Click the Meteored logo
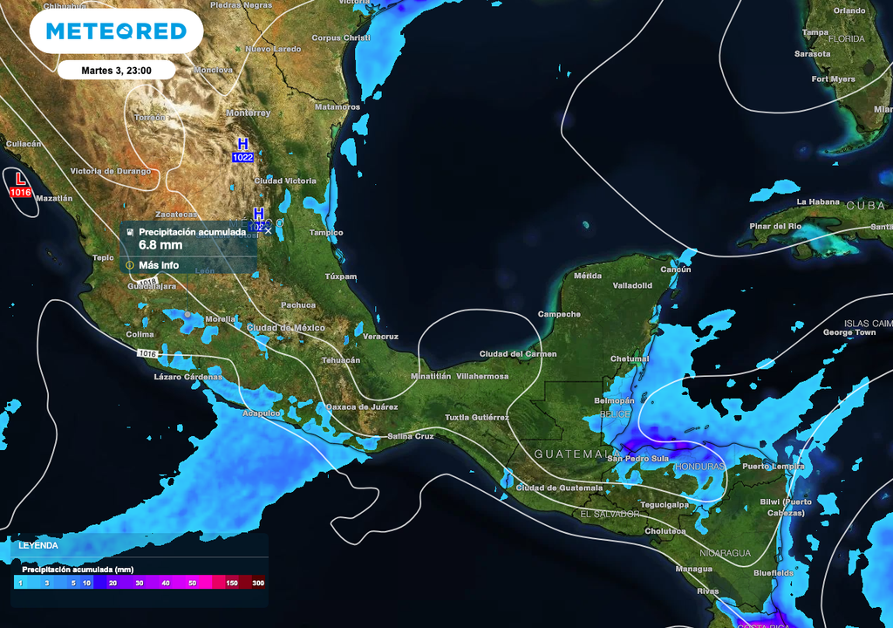coord(116,31)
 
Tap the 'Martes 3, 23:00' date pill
coord(116,71)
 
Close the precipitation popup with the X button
coord(268,231)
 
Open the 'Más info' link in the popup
coord(158,265)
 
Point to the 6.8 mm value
coord(160,245)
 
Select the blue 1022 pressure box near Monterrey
coord(242,157)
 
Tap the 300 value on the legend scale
coord(258,583)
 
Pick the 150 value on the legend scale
coord(231,583)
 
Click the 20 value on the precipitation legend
coord(113,583)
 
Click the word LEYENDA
coord(38,546)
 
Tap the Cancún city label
coord(675,270)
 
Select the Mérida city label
coord(587,276)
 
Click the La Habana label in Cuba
coord(817,201)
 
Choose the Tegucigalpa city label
coord(664,504)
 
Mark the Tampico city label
coord(327,233)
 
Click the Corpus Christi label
coord(341,38)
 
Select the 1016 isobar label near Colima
coord(147,353)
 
